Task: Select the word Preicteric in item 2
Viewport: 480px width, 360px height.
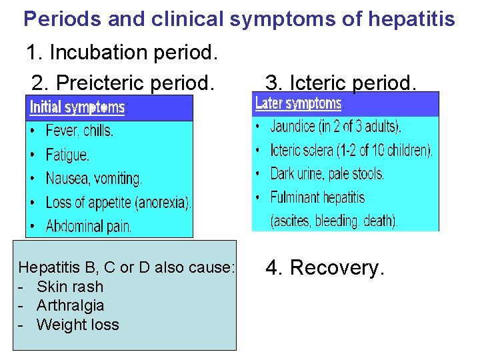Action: [x=105, y=83]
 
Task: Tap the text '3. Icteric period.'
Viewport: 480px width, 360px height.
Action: [x=341, y=83]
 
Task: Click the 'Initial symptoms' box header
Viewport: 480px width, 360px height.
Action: [x=78, y=107]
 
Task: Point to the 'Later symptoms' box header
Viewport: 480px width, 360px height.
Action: [x=299, y=103]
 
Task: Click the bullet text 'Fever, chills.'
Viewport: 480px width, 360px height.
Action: [x=79, y=131]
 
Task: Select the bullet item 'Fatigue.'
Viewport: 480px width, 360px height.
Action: [x=67, y=155]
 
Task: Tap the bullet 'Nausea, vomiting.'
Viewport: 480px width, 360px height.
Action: [x=93, y=179]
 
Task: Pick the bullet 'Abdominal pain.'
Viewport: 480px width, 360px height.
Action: [x=89, y=226]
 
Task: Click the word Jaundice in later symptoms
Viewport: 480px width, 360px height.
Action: [x=295, y=126]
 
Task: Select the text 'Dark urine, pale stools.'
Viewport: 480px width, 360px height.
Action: [x=327, y=174]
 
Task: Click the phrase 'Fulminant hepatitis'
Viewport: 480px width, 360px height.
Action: [x=317, y=197]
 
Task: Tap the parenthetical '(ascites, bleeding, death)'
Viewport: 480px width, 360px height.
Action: [x=333, y=221]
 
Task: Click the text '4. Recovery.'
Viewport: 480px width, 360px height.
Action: [x=325, y=268]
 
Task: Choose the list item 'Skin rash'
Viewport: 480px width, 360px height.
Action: [x=70, y=287]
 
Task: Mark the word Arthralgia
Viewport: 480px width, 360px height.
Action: [x=70, y=305]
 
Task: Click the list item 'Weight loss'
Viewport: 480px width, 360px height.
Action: [x=77, y=325]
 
